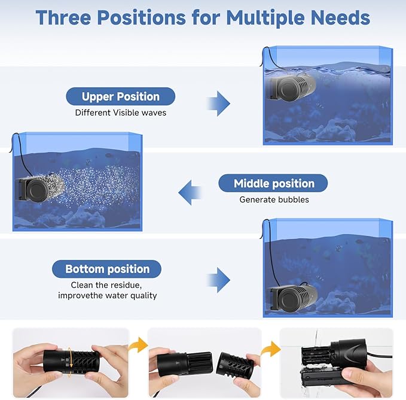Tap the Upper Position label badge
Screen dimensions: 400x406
tap(120, 96)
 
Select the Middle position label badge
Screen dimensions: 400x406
tap(273, 183)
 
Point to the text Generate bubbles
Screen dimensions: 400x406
tap(274, 199)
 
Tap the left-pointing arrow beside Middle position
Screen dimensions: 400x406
tap(190, 192)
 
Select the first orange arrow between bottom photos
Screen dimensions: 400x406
tap(139, 345)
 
